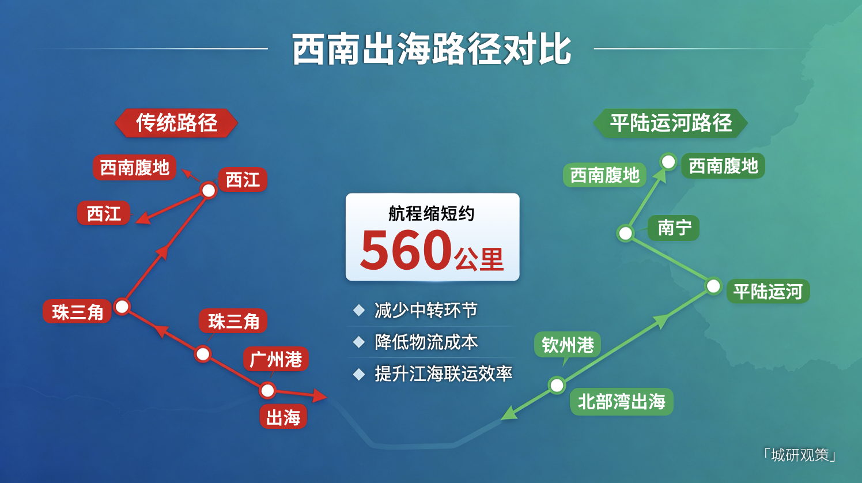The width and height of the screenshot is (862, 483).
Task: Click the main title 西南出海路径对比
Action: coord(431,49)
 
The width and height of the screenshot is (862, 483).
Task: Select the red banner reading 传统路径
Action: coord(176,123)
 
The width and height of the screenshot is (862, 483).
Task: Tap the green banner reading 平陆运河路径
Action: coord(671,123)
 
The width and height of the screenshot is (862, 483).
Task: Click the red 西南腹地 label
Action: coord(134,167)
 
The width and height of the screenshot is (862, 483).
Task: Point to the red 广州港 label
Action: coord(275,359)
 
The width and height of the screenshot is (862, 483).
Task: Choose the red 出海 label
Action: coord(283,417)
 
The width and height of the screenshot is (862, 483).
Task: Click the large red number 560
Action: coord(406,250)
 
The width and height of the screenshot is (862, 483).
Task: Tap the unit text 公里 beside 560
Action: coord(479,259)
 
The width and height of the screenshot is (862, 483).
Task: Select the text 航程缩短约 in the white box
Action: coord(432,213)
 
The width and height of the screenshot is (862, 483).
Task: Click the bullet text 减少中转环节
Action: coord(426,310)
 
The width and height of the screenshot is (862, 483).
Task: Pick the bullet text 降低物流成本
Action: coord(426,342)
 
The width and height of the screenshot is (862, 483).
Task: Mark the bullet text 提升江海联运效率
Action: coord(443,373)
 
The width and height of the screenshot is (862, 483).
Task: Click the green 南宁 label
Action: coord(674,228)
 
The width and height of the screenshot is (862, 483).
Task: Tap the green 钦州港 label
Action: coord(567,345)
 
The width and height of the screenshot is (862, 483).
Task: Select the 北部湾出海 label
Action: coord(622,402)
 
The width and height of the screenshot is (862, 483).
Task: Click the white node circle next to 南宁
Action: coord(625,233)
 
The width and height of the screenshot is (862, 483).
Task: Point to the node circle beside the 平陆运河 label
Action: coord(713,286)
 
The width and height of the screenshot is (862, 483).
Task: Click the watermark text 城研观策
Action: coord(800,455)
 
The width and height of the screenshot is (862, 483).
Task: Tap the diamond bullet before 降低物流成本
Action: coord(359,342)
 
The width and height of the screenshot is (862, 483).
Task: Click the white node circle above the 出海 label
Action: coord(267,391)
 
